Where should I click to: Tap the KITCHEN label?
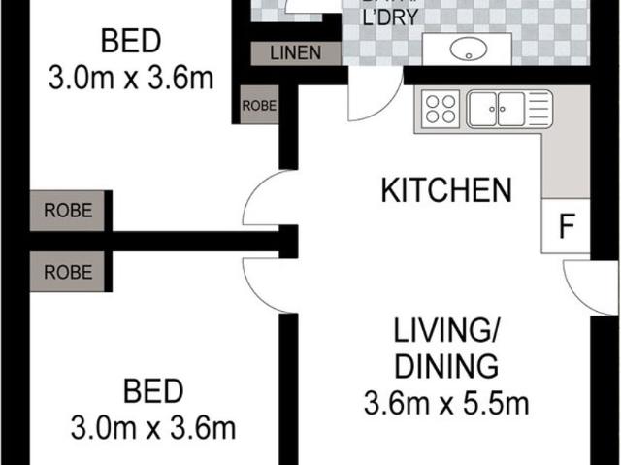point(445,189)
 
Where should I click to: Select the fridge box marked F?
point(565,227)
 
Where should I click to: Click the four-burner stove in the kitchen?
point(441,108)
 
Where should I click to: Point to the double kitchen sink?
point(509,108)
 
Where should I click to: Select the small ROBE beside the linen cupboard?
point(259,105)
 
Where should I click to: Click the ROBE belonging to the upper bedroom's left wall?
point(67,210)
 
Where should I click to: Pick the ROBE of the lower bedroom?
point(67,272)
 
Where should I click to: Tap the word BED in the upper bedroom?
point(131,43)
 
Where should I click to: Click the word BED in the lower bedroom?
point(153,392)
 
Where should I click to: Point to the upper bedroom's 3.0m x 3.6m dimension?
point(131,78)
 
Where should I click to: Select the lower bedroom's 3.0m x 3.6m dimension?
point(153,427)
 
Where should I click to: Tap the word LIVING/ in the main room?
point(445,333)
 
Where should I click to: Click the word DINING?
point(445,368)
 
